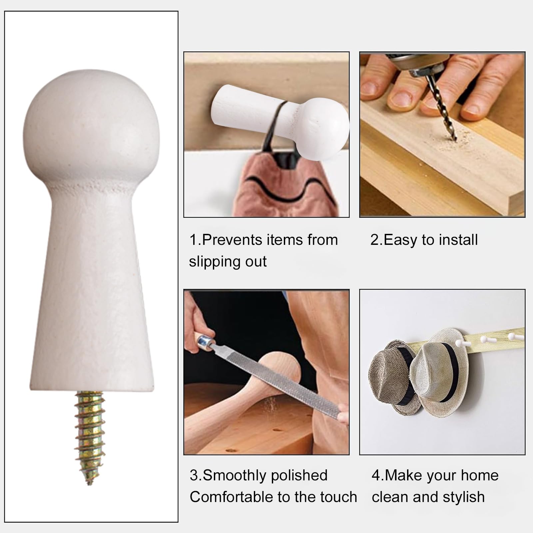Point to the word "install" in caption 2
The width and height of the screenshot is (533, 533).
tap(458, 240)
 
